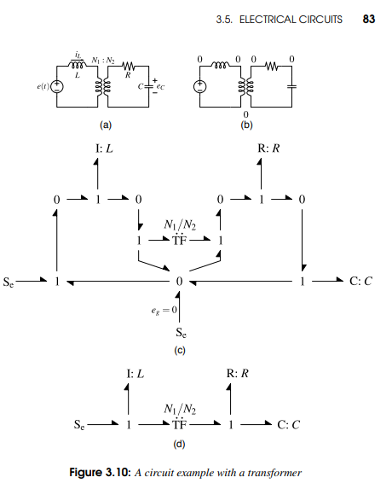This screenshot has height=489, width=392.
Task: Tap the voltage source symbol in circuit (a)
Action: [x=57, y=86]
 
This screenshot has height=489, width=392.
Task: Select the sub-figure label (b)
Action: [x=246, y=124]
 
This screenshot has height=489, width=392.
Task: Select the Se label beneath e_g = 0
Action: [x=181, y=334]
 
